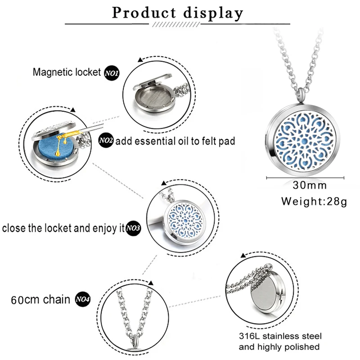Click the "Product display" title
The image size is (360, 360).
[x=177, y=13]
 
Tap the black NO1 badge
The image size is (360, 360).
[x=111, y=72]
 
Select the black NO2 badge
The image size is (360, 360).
[x=107, y=141]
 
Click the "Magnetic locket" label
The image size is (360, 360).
[x=66, y=72]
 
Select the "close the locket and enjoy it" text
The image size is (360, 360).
[x=63, y=228]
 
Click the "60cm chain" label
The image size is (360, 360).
[x=41, y=299]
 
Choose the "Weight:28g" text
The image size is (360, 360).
[x=314, y=201]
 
